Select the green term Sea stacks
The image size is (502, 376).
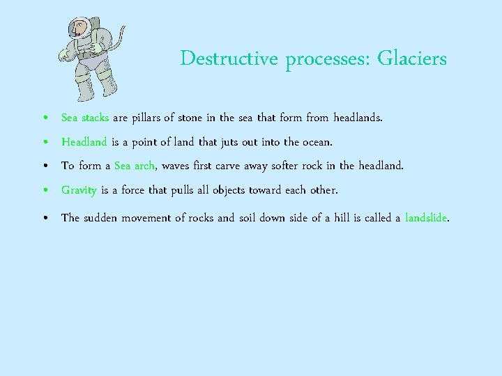[x=84, y=118]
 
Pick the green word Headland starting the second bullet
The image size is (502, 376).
[x=84, y=142]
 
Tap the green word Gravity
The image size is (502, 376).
[x=79, y=190]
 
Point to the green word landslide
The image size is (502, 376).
[x=425, y=218]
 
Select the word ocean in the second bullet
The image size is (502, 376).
[x=317, y=142]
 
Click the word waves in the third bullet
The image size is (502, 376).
[x=176, y=166]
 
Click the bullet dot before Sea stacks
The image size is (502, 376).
[x=45, y=119]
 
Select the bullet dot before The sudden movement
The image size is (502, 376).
[x=45, y=219]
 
